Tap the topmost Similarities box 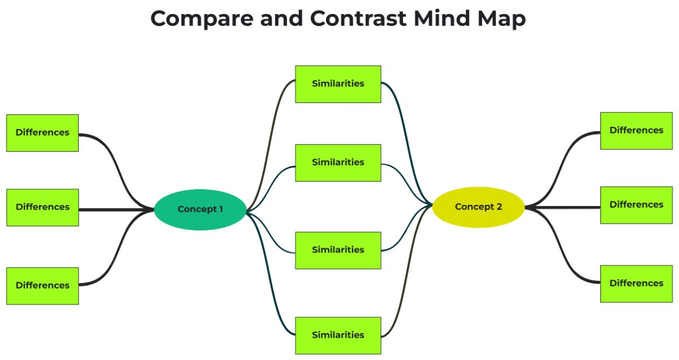[338, 84]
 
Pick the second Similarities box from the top [338, 162]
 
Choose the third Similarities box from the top [338, 250]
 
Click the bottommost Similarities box [338, 335]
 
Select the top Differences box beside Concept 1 [42, 132]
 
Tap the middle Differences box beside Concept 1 [42, 207]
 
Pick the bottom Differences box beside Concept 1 [42, 286]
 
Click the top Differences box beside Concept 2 [636, 130]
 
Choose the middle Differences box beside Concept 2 [636, 205]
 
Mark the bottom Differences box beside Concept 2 [636, 284]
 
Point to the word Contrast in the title [359, 19]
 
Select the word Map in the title [502, 19]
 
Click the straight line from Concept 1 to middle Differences [116, 210]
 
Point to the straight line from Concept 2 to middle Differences [563, 208]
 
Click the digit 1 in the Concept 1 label [220, 209]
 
